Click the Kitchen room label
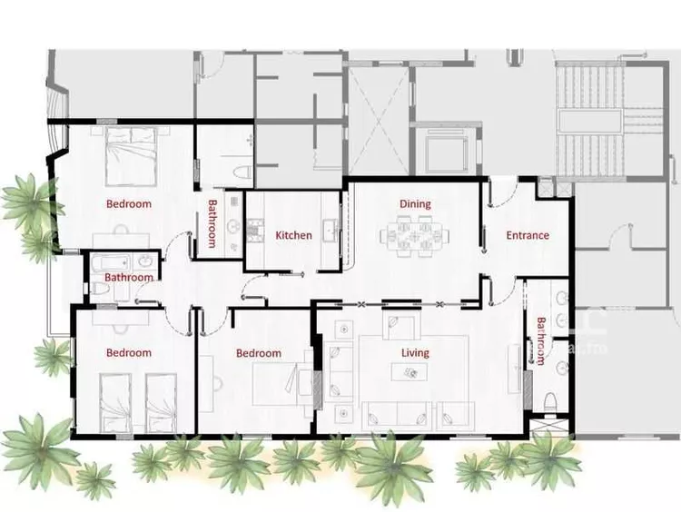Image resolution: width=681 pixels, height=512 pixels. tap(293, 235)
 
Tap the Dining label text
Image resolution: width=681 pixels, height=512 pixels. tap(415, 203)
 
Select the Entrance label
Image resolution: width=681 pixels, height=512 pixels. tap(528, 235)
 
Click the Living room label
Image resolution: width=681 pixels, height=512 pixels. tap(415, 352)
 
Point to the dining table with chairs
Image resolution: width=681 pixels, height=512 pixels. tap(415, 237)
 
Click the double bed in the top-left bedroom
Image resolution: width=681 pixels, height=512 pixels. tap(131, 156)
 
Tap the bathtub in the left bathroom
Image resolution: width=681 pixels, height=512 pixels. tap(111, 263)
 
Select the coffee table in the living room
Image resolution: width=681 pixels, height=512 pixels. tap(410, 372)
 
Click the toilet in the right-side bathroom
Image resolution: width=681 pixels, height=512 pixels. tap(550, 402)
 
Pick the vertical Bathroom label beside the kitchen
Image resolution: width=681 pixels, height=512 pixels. tap(212, 223)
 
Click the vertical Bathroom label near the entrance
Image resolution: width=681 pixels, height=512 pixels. tap(541, 341)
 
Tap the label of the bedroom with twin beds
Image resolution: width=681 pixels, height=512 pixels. tap(129, 352)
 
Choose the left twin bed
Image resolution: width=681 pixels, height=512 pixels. tap(115, 402)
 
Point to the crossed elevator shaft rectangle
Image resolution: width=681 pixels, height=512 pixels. tap(379, 120)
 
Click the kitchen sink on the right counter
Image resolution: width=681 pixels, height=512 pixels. tap(331, 229)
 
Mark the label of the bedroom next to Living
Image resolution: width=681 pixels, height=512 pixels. tap(259, 353)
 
